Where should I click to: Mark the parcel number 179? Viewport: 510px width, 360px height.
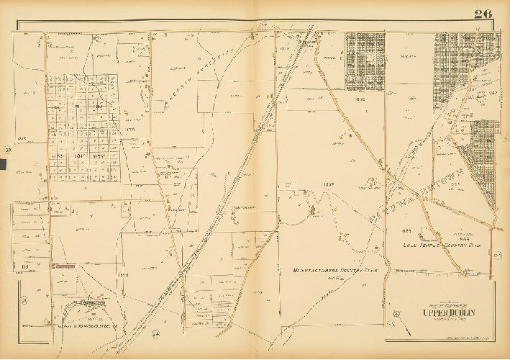pos(130,130)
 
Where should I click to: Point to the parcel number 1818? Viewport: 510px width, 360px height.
pos(19,139)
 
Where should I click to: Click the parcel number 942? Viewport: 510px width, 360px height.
pos(493,91)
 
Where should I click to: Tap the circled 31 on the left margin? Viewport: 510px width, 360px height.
pos(24,300)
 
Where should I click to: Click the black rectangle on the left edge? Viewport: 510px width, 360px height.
pos(3,165)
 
